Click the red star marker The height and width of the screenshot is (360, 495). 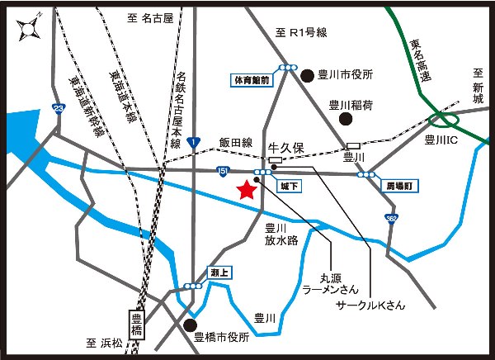coord(245,191)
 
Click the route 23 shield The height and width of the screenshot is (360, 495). coord(58,108)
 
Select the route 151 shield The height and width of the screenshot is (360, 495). coord(223,171)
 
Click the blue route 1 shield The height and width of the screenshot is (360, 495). coord(192,143)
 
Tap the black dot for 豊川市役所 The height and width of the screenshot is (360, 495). coord(308,74)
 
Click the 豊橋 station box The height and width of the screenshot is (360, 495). coord(137,323)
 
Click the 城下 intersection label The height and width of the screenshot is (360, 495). coord(289,187)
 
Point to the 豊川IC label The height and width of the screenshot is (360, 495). coord(441,140)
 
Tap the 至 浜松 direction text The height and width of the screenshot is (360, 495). coord(104,340)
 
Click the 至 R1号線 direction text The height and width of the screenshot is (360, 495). coord(302,33)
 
